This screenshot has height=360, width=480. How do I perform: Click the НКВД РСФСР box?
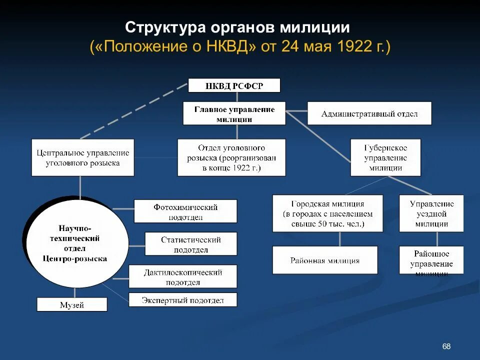pos(234,85)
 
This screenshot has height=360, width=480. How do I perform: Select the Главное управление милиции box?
pos(234,113)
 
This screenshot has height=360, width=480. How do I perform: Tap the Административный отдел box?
pos(369,113)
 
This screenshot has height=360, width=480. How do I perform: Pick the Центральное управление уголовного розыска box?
pos(83,157)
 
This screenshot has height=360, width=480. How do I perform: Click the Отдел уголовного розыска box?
pos(231,157)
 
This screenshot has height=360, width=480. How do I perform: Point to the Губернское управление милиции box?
pos(385,157)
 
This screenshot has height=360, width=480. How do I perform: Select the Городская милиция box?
pos(327,213)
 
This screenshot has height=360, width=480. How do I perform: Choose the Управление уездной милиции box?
pos(431,213)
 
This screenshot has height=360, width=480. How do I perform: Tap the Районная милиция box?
pos(324,260)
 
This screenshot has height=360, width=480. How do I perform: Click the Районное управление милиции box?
pos(431,260)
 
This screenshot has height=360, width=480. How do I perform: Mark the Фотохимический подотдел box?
pos(185,211)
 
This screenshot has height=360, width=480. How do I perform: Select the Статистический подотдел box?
pos(190,244)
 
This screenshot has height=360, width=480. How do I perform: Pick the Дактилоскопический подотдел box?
pos(182,276)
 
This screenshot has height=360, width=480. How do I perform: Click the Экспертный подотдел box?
pos(182,300)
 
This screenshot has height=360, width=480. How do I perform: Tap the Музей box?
pos(72,304)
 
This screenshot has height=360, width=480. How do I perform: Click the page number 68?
pos(446,346)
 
